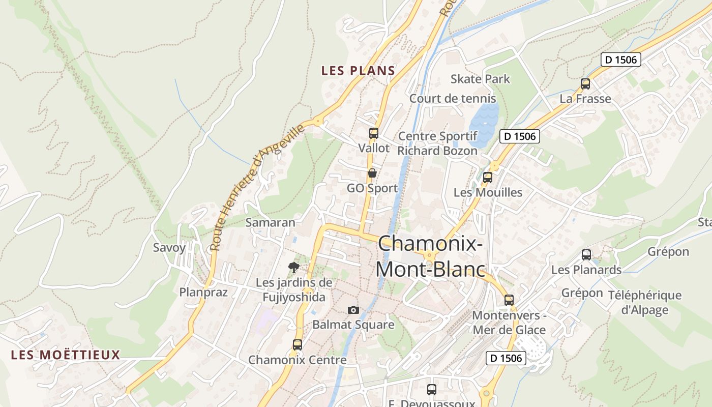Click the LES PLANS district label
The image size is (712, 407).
[x=358, y=71]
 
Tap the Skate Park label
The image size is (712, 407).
[x=480, y=79]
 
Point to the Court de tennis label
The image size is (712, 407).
[x=453, y=98]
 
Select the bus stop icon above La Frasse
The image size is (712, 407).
[x=585, y=84]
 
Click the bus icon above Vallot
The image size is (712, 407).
[x=374, y=133]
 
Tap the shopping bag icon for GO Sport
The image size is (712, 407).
[x=372, y=173]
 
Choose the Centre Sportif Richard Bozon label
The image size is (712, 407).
[x=437, y=143]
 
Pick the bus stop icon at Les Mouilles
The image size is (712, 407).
[x=488, y=178]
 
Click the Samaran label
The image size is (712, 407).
[x=270, y=222]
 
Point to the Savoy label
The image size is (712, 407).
[x=169, y=248]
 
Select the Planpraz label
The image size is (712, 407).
[x=203, y=292]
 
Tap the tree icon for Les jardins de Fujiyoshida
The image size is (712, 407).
[x=293, y=267]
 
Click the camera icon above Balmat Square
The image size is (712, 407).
[x=353, y=310]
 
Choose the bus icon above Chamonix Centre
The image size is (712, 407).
[x=298, y=344]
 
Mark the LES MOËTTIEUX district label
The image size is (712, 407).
[x=66, y=355]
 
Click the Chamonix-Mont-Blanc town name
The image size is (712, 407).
[x=430, y=256]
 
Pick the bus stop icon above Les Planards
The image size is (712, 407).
[x=586, y=255]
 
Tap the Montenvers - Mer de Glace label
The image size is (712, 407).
[x=509, y=323]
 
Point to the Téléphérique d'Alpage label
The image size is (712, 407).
[x=644, y=302]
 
